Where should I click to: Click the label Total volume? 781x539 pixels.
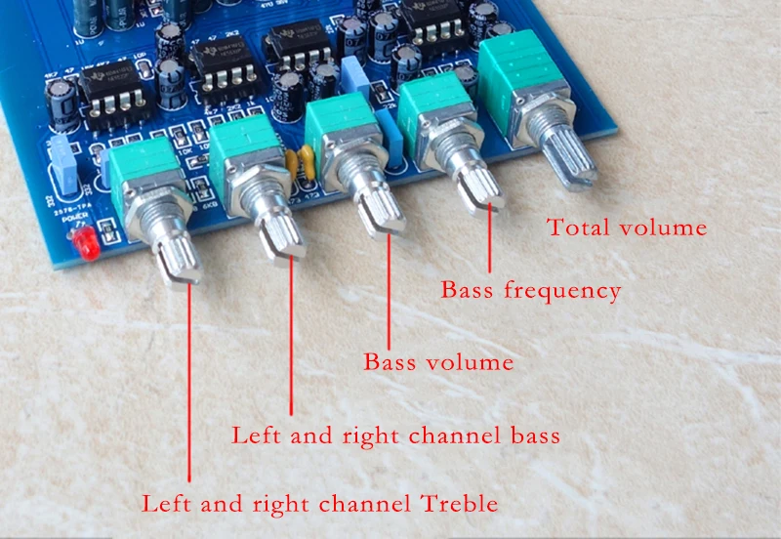tap(626, 228)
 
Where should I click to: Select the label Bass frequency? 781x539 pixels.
tap(530, 290)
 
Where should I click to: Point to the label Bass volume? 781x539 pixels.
tap(438, 362)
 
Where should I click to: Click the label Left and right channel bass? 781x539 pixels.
tap(395, 435)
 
